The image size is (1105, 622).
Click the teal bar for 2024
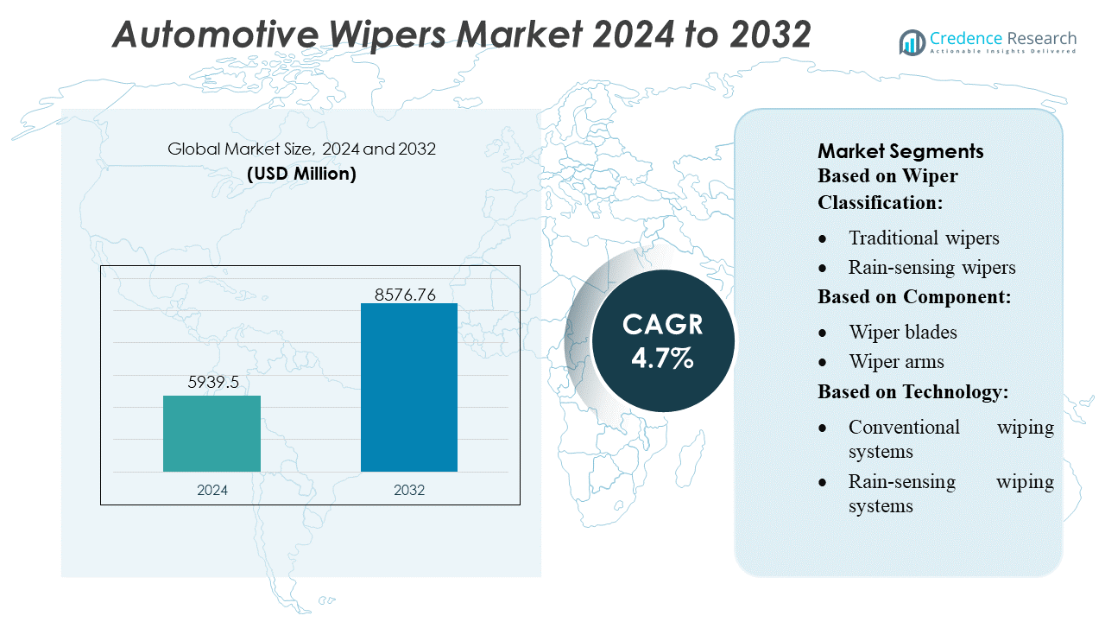212,434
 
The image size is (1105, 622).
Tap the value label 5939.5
212,382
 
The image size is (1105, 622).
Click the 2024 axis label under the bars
212,490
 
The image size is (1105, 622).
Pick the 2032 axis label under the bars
409,490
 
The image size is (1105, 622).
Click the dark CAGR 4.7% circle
663,340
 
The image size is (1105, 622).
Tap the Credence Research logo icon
912,41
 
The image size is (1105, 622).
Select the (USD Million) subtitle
301,173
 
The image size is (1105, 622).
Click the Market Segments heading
900,151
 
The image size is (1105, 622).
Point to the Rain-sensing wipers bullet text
931,267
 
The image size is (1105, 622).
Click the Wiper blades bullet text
902,332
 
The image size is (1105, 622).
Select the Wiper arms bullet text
896,361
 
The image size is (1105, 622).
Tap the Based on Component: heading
914,296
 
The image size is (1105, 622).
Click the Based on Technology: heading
913,391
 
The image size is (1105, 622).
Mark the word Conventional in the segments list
904,427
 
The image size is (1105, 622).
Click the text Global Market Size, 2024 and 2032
301,149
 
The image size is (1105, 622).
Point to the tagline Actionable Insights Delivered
1003,52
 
